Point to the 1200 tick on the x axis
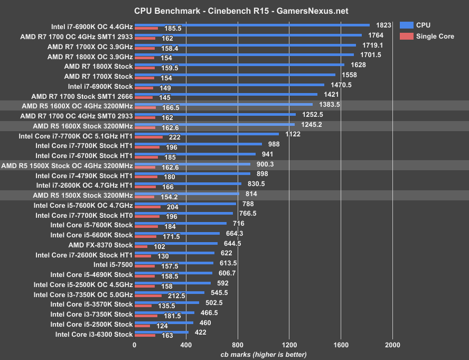[x=289, y=344]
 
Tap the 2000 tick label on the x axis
[x=392, y=344]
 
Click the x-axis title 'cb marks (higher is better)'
[x=263, y=354]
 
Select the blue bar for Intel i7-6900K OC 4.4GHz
[x=252, y=24]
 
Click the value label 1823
[x=383, y=25]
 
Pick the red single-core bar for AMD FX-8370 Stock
[x=141, y=246]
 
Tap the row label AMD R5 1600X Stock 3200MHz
[x=83, y=126]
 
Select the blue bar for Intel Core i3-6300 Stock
[x=162, y=332]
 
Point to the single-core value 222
[x=175, y=137]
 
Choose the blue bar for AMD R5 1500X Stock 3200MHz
[x=187, y=193]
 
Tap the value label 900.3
[x=265, y=165]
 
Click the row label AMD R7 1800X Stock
[x=98, y=67]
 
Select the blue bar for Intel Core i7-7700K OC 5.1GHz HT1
[x=207, y=134]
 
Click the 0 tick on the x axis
[x=135, y=344]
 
